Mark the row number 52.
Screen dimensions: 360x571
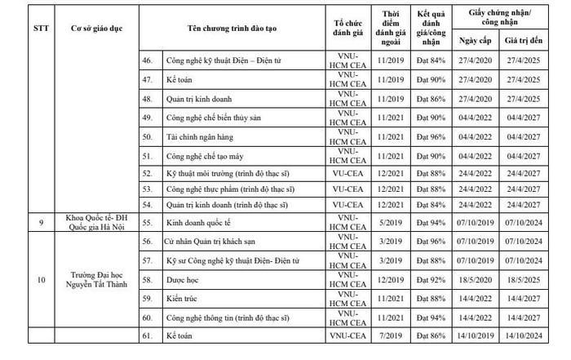148,173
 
